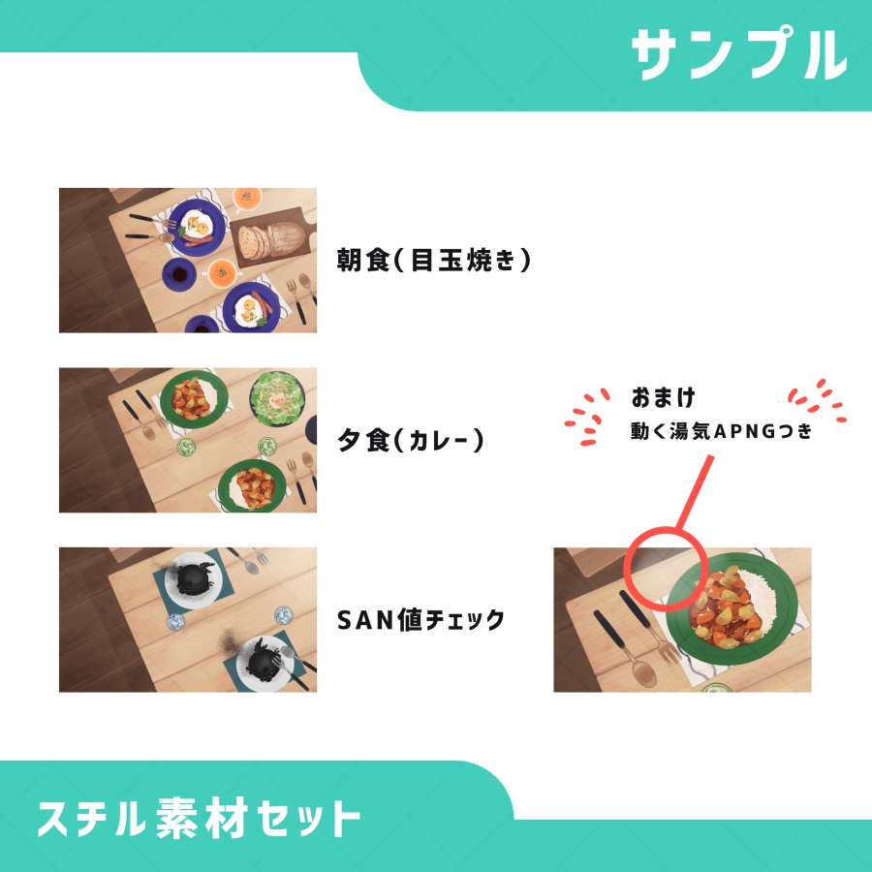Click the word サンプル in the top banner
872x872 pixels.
pyautogui.click(x=738, y=54)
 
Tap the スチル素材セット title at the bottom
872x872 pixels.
pyautogui.click(x=200, y=820)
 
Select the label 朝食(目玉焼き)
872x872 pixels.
pyautogui.click(x=434, y=261)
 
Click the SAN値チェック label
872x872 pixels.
pyautogui.click(x=420, y=620)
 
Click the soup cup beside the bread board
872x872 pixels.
pyautogui.click(x=249, y=199)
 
